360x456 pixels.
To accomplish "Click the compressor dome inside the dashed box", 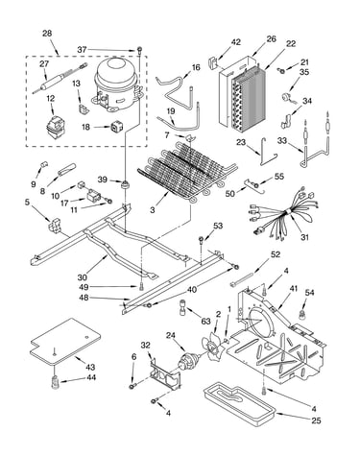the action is point(116,84).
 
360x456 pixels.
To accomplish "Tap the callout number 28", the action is point(47,34).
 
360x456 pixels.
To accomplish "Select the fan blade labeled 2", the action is point(212,347).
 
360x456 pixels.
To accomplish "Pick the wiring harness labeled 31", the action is point(280,213).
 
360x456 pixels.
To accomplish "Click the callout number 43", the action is point(90,367).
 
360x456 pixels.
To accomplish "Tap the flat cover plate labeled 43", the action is point(65,342).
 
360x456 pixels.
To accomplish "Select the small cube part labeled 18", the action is point(117,127).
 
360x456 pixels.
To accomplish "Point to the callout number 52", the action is point(276,254).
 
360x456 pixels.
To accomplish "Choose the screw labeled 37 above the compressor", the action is point(140,50).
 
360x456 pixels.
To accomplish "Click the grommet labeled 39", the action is point(124,185).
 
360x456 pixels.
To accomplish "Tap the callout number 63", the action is point(206,321).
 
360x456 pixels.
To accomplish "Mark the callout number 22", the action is point(291,43).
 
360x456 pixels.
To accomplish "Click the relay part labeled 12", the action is point(54,127).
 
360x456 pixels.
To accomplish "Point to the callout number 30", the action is point(83,276).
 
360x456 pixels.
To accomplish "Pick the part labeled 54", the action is point(301,314).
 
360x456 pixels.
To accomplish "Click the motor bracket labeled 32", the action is point(165,374).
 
